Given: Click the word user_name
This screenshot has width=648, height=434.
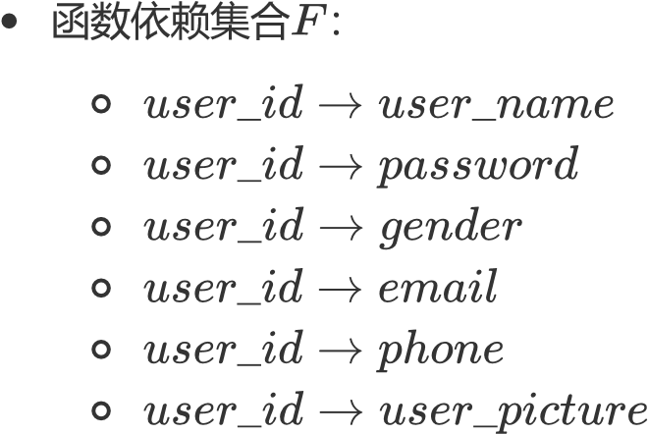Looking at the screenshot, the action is pos(496,104).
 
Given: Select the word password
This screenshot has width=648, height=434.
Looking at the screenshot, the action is pos(478,167).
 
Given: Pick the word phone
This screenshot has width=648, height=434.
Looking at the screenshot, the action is pos(441,350).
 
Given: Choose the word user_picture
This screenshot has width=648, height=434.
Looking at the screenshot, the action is pos(513,410).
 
